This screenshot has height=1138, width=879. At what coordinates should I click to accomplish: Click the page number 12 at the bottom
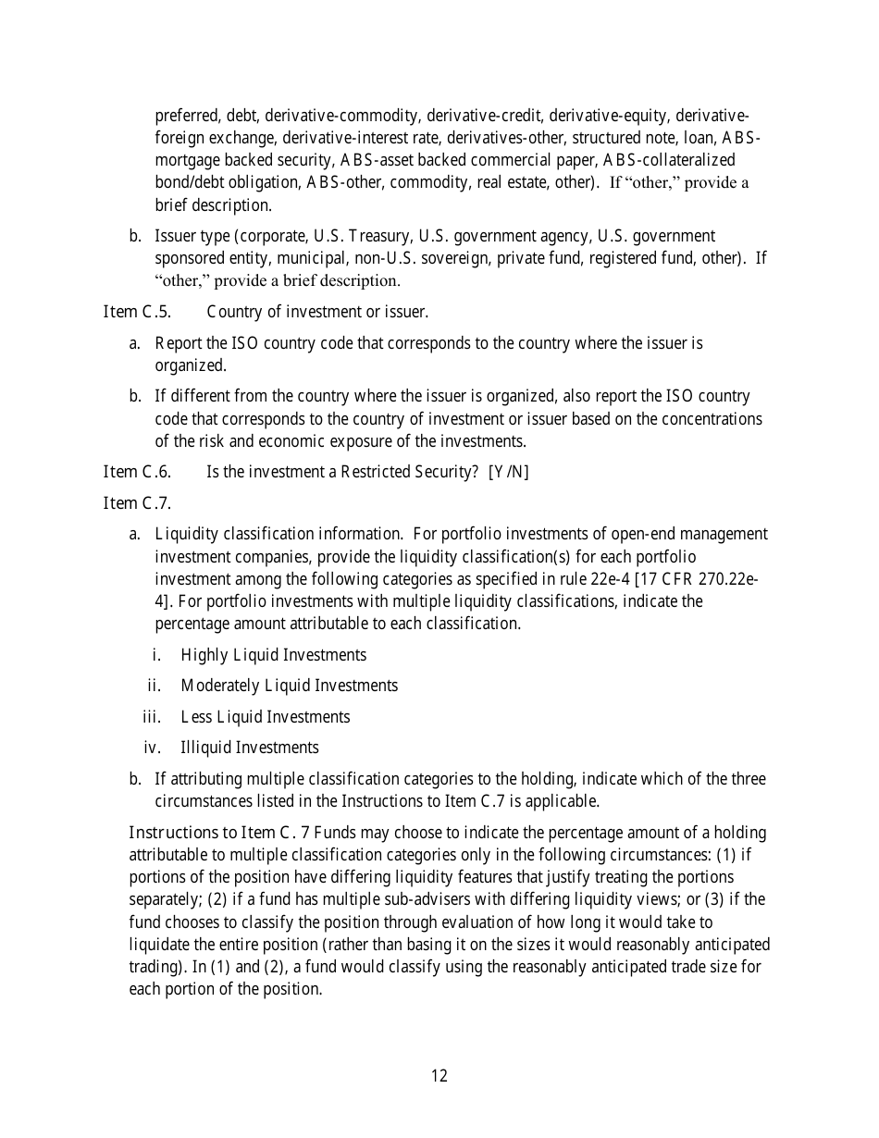click(439, 1076)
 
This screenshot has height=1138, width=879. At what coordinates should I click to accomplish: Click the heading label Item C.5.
click(137, 312)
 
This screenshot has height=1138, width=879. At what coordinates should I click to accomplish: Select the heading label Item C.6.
click(137, 472)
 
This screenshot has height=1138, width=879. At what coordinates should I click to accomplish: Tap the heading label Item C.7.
click(137, 503)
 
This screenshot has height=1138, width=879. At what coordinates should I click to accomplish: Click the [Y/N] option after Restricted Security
click(508, 472)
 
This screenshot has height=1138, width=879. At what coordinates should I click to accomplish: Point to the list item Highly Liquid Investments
click(274, 655)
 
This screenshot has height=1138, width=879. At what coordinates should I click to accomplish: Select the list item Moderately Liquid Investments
click(290, 686)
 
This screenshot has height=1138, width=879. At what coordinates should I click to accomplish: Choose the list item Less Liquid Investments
click(266, 717)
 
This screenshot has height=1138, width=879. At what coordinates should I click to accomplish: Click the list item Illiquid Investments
click(250, 748)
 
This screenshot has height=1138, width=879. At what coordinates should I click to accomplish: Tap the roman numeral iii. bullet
click(152, 717)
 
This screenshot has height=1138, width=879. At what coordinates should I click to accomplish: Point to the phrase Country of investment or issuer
click(317, 312)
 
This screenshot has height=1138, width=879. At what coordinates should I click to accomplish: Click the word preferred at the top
click(188, 116)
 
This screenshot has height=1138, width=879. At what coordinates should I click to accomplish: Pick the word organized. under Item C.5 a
click(191, 365)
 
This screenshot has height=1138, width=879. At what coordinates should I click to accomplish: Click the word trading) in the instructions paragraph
click(157, 966)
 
